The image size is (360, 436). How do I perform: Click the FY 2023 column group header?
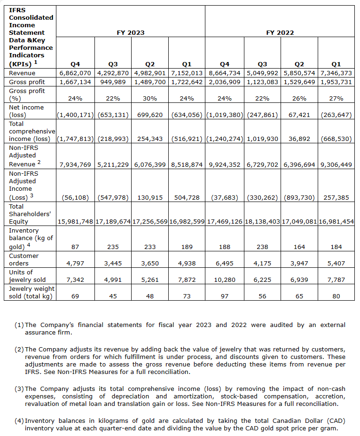tap(131, 33)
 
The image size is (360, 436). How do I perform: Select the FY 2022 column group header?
tap(280, 33)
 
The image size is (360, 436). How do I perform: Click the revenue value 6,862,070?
tap(75, 73)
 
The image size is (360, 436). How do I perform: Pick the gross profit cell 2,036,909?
tap(224, 82)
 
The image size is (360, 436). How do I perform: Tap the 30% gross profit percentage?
tap(150, 99)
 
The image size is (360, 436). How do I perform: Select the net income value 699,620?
tap(150, 115)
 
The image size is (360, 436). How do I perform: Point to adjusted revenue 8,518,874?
tap(187, 164)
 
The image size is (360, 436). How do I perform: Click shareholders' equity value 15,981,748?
tap(75, 222)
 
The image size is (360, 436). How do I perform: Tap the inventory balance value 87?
tap(75, 246)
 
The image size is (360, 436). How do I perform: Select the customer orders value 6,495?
tap(224, 264)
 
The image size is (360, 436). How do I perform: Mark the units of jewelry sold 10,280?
tap(224, 280)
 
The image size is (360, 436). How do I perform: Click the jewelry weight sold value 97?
tap(224, 296)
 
